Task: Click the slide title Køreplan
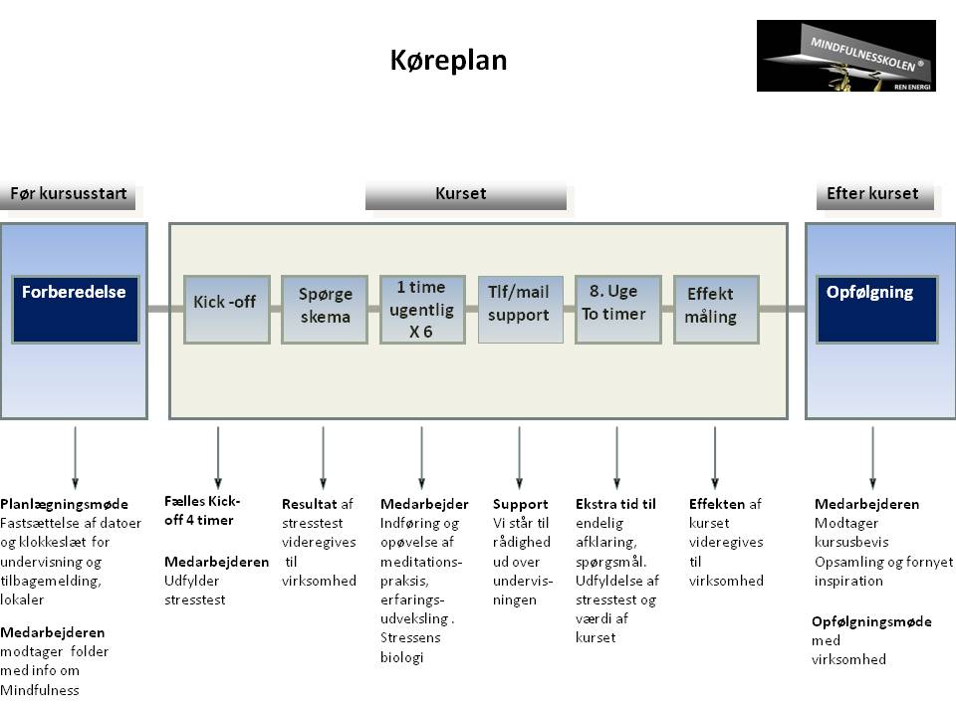coord(448,61)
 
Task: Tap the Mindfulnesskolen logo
coord(845,56)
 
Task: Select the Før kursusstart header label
coord(69,194)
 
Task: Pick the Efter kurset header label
coord(872,194)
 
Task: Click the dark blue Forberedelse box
coord(75,309)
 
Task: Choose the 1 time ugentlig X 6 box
coord(422,309)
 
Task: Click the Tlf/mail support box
coord(520,309)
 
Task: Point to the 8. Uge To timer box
coord(617,309)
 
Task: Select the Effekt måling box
coord(716,309)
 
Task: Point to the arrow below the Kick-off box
coord(218,457)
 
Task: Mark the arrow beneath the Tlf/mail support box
coord(519,457)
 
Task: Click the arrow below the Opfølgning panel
coord(873,457)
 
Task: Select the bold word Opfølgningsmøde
coord(871,621)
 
